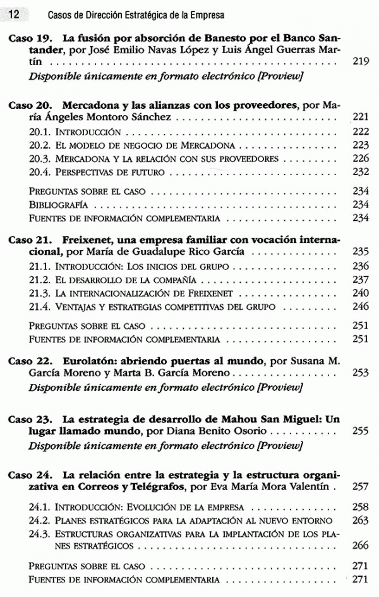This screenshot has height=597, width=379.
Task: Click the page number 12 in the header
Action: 15,13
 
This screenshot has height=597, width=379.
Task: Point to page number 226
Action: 360,158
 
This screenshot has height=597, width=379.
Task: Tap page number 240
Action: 360,293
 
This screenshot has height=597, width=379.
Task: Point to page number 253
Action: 360,373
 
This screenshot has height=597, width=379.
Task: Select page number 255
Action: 360,431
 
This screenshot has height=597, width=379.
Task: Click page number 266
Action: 360,546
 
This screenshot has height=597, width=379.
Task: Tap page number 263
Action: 360,520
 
